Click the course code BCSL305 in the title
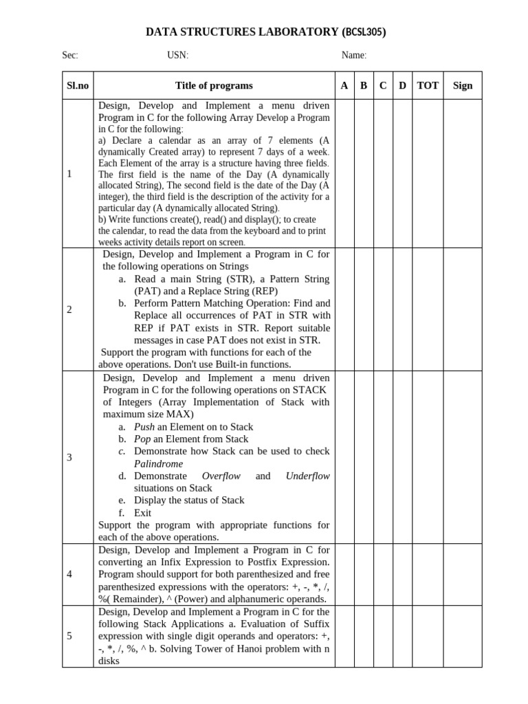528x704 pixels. [x=364, y=32]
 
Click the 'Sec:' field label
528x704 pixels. [x=70, y=56]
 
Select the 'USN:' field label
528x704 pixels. [x=177, y=56]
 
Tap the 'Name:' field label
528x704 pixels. [x=354, y=56]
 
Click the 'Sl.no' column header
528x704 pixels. [x=78, y=86]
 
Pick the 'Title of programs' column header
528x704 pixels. [x=214, y=86]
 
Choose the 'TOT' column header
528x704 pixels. [x=428, y=86]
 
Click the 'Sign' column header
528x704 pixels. [x=463, y=86]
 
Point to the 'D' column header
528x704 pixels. [x=403, y=86]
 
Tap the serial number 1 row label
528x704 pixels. [x=69, y=174]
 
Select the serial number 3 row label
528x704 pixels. [x=69, y=457]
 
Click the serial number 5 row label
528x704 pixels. [x=69, y=636]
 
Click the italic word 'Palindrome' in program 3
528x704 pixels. [x=158, y=463]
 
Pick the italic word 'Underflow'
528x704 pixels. [x=307, y=476]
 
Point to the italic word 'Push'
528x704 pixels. [x=144, y=427]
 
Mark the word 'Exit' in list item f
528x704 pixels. [x=143, y=512]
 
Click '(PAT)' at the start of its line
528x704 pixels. [x=148, y=291]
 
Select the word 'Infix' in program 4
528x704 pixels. [x=175, y=562]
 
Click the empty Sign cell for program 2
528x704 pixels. [x=463, y=309]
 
